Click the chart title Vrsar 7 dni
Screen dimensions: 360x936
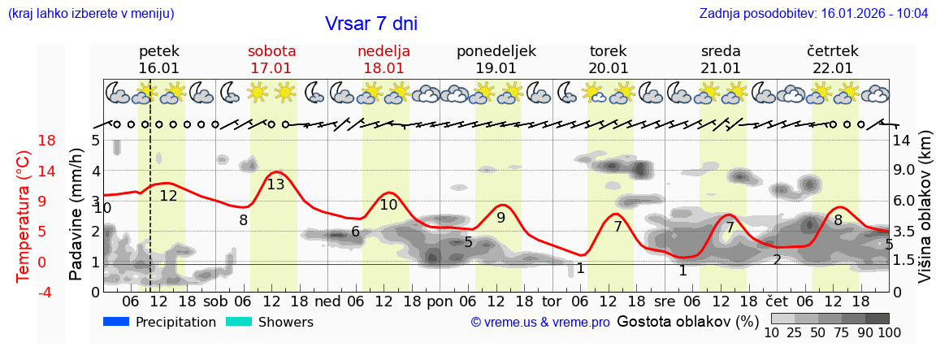[371, 24]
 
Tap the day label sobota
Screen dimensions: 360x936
[271, 51]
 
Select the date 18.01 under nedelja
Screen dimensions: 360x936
[383, 68]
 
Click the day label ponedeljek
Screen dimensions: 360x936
[496, 51]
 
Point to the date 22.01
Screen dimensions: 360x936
[833, 68]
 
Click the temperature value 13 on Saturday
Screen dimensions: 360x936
[275, 184]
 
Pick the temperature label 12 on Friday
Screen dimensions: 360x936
[168, 196]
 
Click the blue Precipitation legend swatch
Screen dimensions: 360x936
[117, 322]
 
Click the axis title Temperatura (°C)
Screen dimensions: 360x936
[24, 216]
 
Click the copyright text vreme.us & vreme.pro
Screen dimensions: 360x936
[540, 323]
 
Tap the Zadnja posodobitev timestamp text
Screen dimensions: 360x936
[813, 14]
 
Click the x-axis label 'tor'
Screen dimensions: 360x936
[552, 300]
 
